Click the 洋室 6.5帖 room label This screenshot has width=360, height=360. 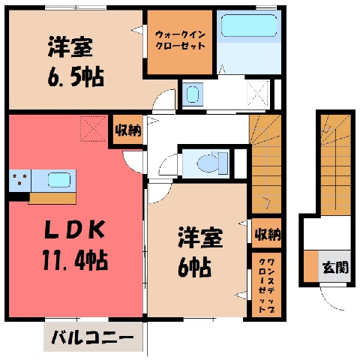point(76,61)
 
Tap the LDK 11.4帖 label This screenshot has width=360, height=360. point(75,246)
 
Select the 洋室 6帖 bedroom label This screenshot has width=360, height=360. point(200,252)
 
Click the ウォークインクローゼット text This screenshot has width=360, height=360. point(180,40)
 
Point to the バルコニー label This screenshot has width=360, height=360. point(92,337)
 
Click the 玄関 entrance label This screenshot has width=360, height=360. point(335,268)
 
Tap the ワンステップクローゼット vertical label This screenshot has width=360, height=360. point(266,286)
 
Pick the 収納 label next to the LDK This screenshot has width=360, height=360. point(128,130)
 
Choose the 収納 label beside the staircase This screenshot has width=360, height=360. point(268,235)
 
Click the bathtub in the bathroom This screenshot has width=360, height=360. point(249,25)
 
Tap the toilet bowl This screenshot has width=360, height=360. point(208,163)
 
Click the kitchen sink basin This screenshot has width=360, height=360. point(59,180)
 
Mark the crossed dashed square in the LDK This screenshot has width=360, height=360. point(93,128)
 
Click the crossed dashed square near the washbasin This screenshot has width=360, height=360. point(258,93)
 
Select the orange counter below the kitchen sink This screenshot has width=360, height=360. point(52,198)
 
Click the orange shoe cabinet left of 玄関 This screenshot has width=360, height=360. point(310,266)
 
